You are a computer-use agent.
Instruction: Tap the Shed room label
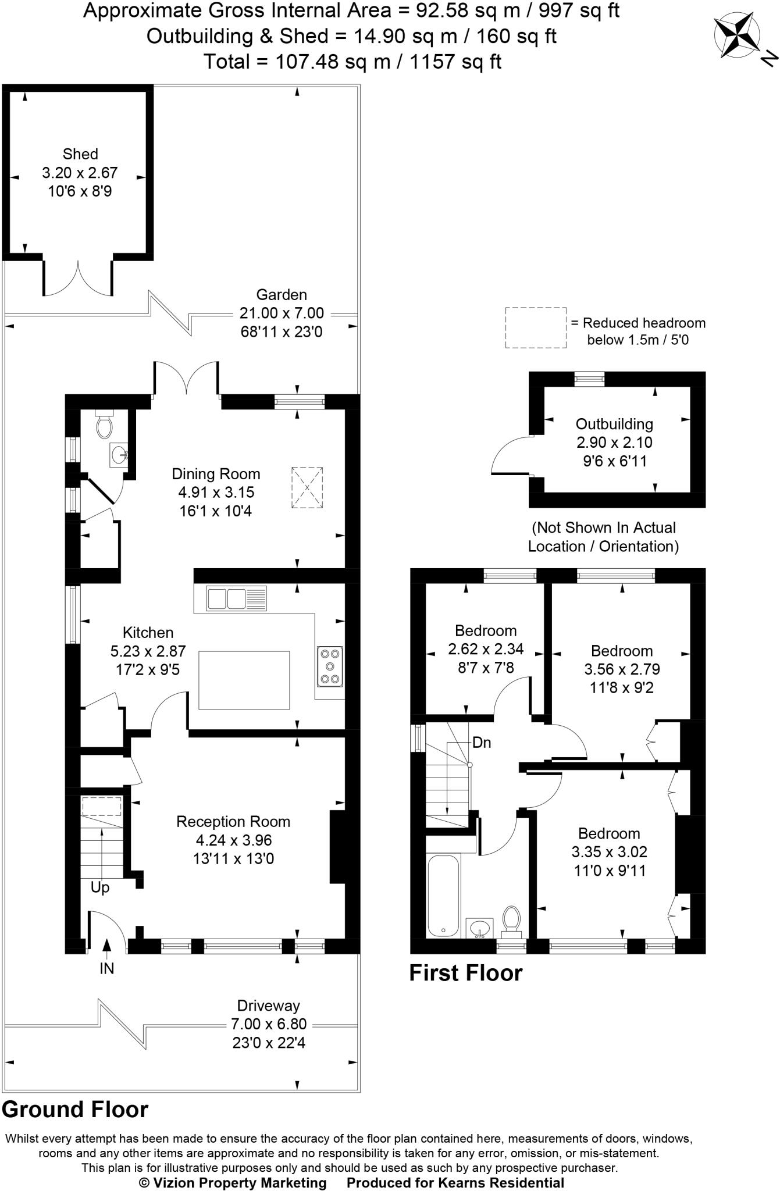(80, 154)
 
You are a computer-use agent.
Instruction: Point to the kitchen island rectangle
(244, 680)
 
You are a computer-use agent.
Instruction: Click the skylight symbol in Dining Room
(307, 487)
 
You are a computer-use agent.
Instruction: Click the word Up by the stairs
(100, 888)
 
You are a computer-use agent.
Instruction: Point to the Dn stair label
(482, 743)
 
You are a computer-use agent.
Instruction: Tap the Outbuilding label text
(614, 424)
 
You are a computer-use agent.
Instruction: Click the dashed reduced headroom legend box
(536, 328)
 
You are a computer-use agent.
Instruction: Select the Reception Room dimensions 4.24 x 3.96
(234, 840)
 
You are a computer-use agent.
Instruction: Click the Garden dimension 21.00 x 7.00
(282, 313)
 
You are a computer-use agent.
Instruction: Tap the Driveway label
(268, 1005)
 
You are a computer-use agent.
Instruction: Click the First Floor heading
(466, 973)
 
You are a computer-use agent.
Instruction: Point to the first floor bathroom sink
(480, 928)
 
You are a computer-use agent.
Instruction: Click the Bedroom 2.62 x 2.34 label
(486, 631)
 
